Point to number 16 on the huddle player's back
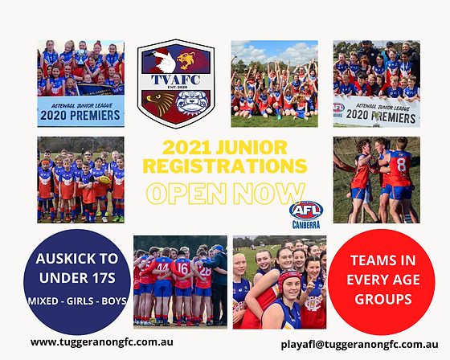point(182,268)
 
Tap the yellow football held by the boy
point(103,180)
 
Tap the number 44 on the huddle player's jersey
point(163,264)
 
